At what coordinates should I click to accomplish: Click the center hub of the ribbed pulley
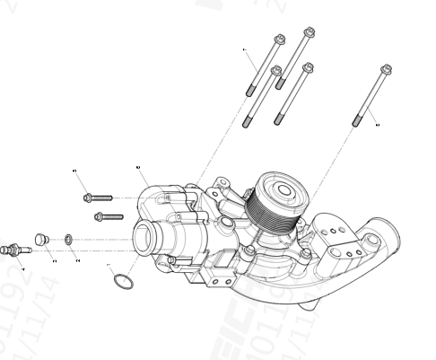(x=284, y=189)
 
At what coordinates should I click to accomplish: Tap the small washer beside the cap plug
(x=68, y=240)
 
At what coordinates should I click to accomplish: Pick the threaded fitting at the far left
(x=13, y=248)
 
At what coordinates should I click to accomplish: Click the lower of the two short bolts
(x=108, y=215)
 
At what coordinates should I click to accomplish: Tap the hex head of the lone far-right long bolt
(x=387, y=69)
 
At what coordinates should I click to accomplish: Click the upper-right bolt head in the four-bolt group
(x=310, y=33)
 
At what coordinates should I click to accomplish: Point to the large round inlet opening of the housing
(x=144, y=240)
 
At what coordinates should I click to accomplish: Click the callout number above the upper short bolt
(x=75, y=169)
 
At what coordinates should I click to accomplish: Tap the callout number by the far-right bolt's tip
(x=378, y=125)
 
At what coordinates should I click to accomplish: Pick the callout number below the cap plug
(x=54, y=260)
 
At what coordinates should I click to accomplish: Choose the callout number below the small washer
(x=77, y=260)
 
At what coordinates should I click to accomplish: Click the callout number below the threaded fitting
(x=22, y=268)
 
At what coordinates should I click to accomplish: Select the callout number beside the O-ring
(x=108, y=267)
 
